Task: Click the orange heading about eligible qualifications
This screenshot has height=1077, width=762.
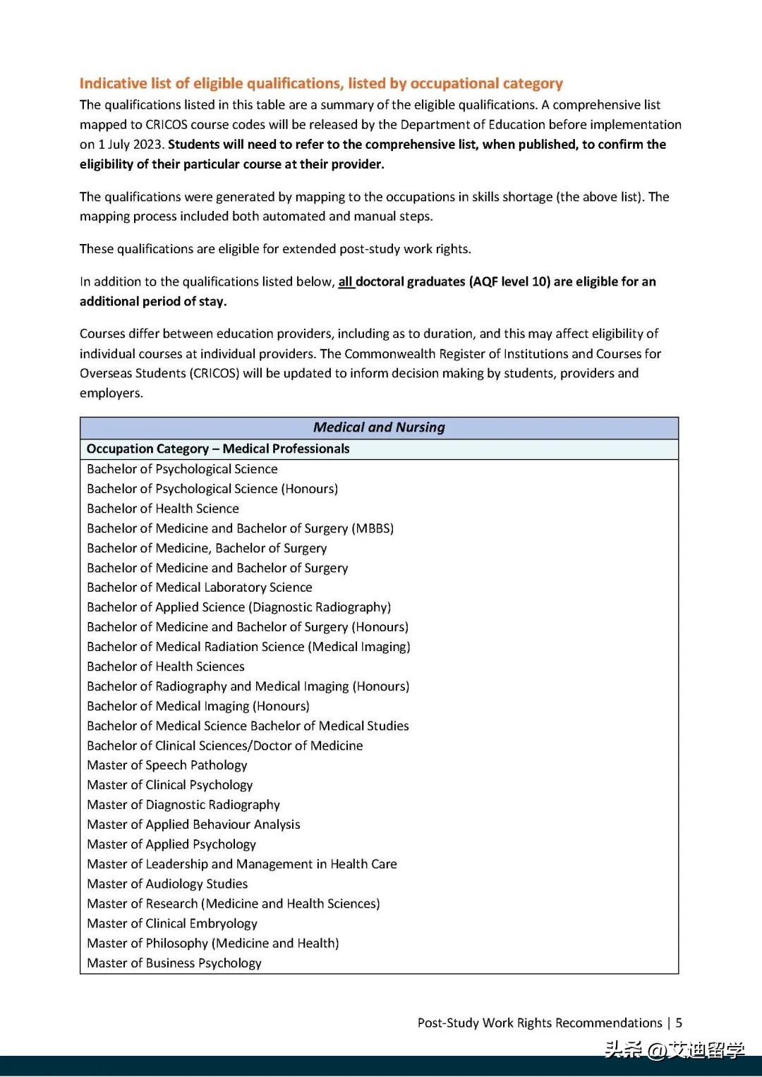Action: [321, 83]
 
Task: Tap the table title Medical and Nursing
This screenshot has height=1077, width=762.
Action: [379, 427]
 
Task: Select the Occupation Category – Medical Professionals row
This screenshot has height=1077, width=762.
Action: [218, 449]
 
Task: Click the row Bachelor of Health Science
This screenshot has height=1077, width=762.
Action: [163, 509]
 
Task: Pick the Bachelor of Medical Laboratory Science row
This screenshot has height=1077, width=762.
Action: [199, 588]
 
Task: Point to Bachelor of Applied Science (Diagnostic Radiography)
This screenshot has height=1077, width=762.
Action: [238, 607]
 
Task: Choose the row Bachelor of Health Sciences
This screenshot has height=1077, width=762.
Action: [166, 667]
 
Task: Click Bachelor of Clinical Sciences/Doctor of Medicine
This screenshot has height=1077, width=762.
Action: [224, 746]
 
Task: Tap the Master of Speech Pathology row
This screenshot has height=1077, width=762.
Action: [167, 765]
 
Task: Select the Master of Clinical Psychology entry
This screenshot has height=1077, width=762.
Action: [169, 785]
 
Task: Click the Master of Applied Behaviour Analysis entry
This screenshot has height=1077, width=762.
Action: [193, 825]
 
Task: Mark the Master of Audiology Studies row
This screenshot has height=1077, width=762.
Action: [167, 884]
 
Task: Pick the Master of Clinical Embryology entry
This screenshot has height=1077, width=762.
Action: [172, 923]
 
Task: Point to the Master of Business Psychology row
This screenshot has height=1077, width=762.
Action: [174, 963]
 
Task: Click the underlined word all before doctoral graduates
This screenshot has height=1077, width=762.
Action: [345, 282]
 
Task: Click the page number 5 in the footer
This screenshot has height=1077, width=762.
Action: [679, 1023]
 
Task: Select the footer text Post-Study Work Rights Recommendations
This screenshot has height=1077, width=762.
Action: [540, 1023]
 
